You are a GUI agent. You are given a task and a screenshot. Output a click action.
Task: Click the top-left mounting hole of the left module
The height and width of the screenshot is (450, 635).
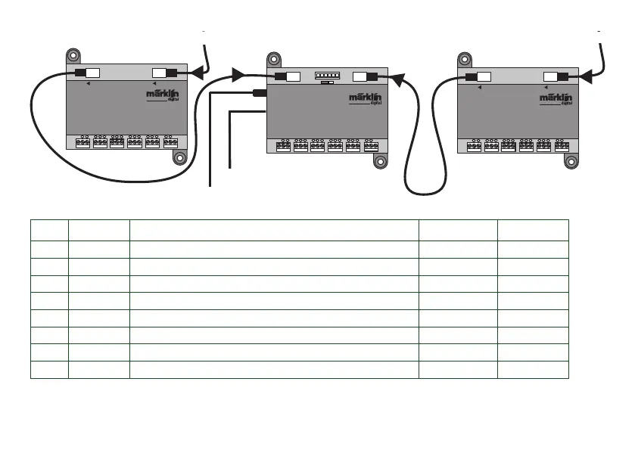(x=73, y=55)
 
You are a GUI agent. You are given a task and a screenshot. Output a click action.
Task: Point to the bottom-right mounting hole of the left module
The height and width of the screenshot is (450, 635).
(x=180, y=157)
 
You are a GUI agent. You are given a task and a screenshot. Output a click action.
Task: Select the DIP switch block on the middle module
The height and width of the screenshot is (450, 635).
(x=328, y=75)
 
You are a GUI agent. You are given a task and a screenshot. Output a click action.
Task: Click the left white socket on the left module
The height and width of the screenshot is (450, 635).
(x=92, y=73)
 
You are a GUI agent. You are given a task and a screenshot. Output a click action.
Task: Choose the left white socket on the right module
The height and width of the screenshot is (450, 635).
(x=483, y=76)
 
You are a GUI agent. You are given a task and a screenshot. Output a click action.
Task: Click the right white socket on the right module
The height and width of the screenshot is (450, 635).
(x=551, y=76)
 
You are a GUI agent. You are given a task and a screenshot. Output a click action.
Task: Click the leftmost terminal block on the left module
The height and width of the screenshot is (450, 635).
(x=83, y=141)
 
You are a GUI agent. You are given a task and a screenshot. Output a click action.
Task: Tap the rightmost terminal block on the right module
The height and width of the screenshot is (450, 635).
(x=562, y=145)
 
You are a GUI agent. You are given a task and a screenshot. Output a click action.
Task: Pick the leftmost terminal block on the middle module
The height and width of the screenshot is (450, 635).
(x=284, y=145)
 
